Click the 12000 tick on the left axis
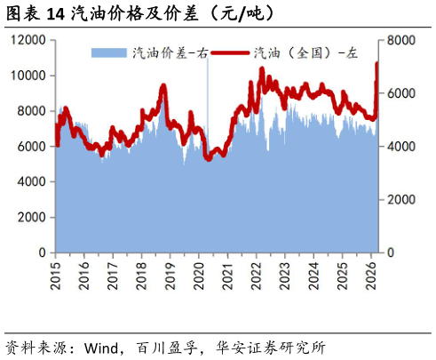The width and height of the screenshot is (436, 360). [x=28, y=40]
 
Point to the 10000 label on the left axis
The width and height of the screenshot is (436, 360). [x=28, y=76]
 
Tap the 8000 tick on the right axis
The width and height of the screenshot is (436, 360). [x=401, y=40]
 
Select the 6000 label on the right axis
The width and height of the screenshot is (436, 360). [x=401, y=93]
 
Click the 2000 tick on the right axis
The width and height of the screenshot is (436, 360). [x=401, y=200]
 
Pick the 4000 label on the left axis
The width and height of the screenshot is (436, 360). [x=32, y=181]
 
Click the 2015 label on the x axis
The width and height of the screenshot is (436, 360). [x=55, y=276]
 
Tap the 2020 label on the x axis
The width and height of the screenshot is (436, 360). [x=199, y=276]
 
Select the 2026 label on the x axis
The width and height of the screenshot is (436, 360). [x=371, y=276]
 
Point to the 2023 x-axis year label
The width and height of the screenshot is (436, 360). [x=285, y=276]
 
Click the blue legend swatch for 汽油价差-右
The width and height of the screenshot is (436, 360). [x=109, y=53]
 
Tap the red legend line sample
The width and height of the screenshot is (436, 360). [x=231, y=53]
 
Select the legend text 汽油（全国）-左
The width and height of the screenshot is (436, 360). [x=305, y=53]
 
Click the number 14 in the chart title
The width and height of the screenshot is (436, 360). [x=56, y=14]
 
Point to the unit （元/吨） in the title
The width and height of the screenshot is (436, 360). [x=242, y=13]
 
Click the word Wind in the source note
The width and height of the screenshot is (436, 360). [x=101, y=348]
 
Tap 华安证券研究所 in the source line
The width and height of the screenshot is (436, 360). [x=271, y=348]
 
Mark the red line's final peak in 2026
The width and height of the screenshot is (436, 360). [x=377, y=63]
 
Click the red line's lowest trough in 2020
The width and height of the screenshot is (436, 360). [x=209, y=159]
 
